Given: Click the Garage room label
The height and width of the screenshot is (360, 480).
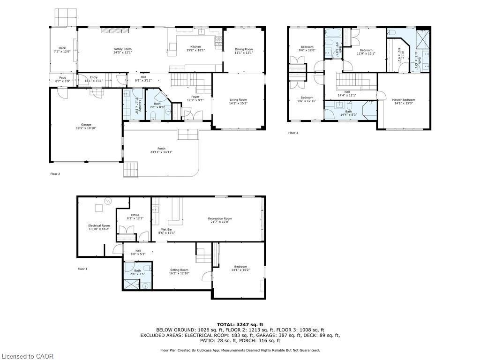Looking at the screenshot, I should (86, 125).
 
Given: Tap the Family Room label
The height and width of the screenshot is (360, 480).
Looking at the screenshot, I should (123, 49).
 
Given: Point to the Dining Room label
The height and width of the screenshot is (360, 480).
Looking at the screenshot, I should (244, 49).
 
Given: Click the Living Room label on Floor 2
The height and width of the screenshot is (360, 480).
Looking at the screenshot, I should (238, 100).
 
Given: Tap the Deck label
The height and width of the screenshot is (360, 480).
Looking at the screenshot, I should (62, 48).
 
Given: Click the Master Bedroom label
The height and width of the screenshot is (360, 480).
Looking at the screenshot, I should (403, 100).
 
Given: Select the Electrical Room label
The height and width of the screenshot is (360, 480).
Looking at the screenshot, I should (99, 226).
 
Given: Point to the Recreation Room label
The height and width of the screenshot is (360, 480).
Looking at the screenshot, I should (220, 218).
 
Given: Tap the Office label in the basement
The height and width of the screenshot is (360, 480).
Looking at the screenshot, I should (135, 215).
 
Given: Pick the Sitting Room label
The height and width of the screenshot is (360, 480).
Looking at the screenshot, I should (179, 270).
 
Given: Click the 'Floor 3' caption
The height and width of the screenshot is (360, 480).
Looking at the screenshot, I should (293, 133).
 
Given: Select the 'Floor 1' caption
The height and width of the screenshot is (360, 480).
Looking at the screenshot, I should (82, 269).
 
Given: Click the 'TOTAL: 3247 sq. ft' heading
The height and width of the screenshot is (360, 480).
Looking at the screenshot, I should (240, 324).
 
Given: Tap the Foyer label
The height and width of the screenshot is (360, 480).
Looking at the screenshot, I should (195, 97).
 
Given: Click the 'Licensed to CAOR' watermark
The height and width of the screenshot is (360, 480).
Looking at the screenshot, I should (27, 356).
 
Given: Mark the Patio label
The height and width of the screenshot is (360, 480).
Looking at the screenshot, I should (63, 78).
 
